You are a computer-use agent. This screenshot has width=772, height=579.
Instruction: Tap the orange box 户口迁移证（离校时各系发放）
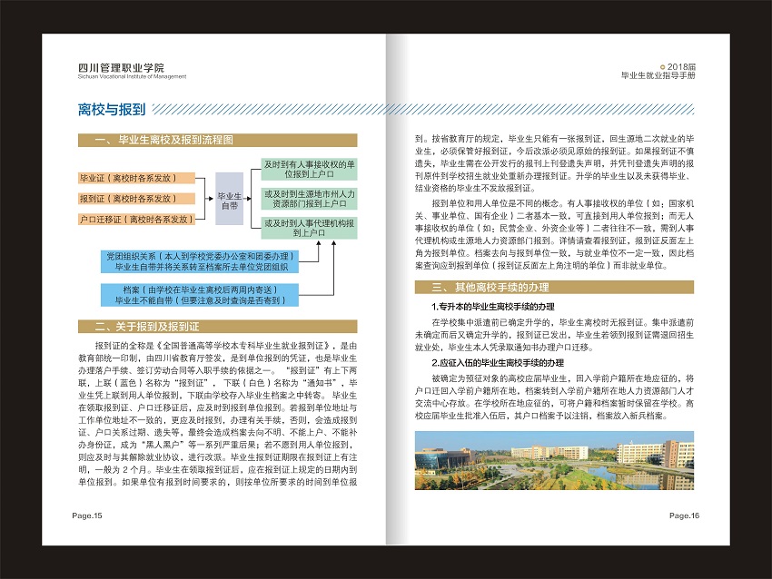(136, 219)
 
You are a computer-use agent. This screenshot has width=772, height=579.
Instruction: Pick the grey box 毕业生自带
(228, 200)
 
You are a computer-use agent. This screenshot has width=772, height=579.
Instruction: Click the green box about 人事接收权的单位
(309, 169)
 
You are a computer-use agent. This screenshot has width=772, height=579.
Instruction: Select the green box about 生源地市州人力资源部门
(309, 199)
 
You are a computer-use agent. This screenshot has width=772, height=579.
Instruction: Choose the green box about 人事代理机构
(309, 228)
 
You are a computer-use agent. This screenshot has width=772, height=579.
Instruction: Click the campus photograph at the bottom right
(554, 460)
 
